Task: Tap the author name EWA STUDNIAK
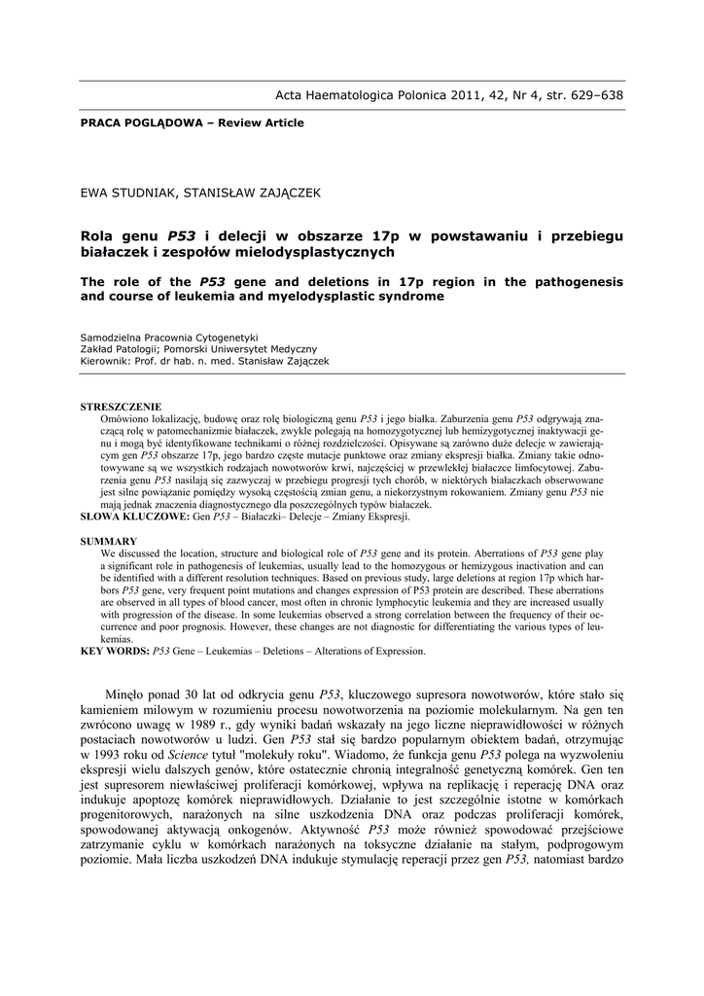(x=126, y=194)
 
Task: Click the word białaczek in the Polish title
(x=113, y=252)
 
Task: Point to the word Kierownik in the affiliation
(x=104, y=361)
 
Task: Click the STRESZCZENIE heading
(x=121, y=407)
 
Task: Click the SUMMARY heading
(x=108, y=541)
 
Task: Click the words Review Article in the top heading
(x=263, y=124)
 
